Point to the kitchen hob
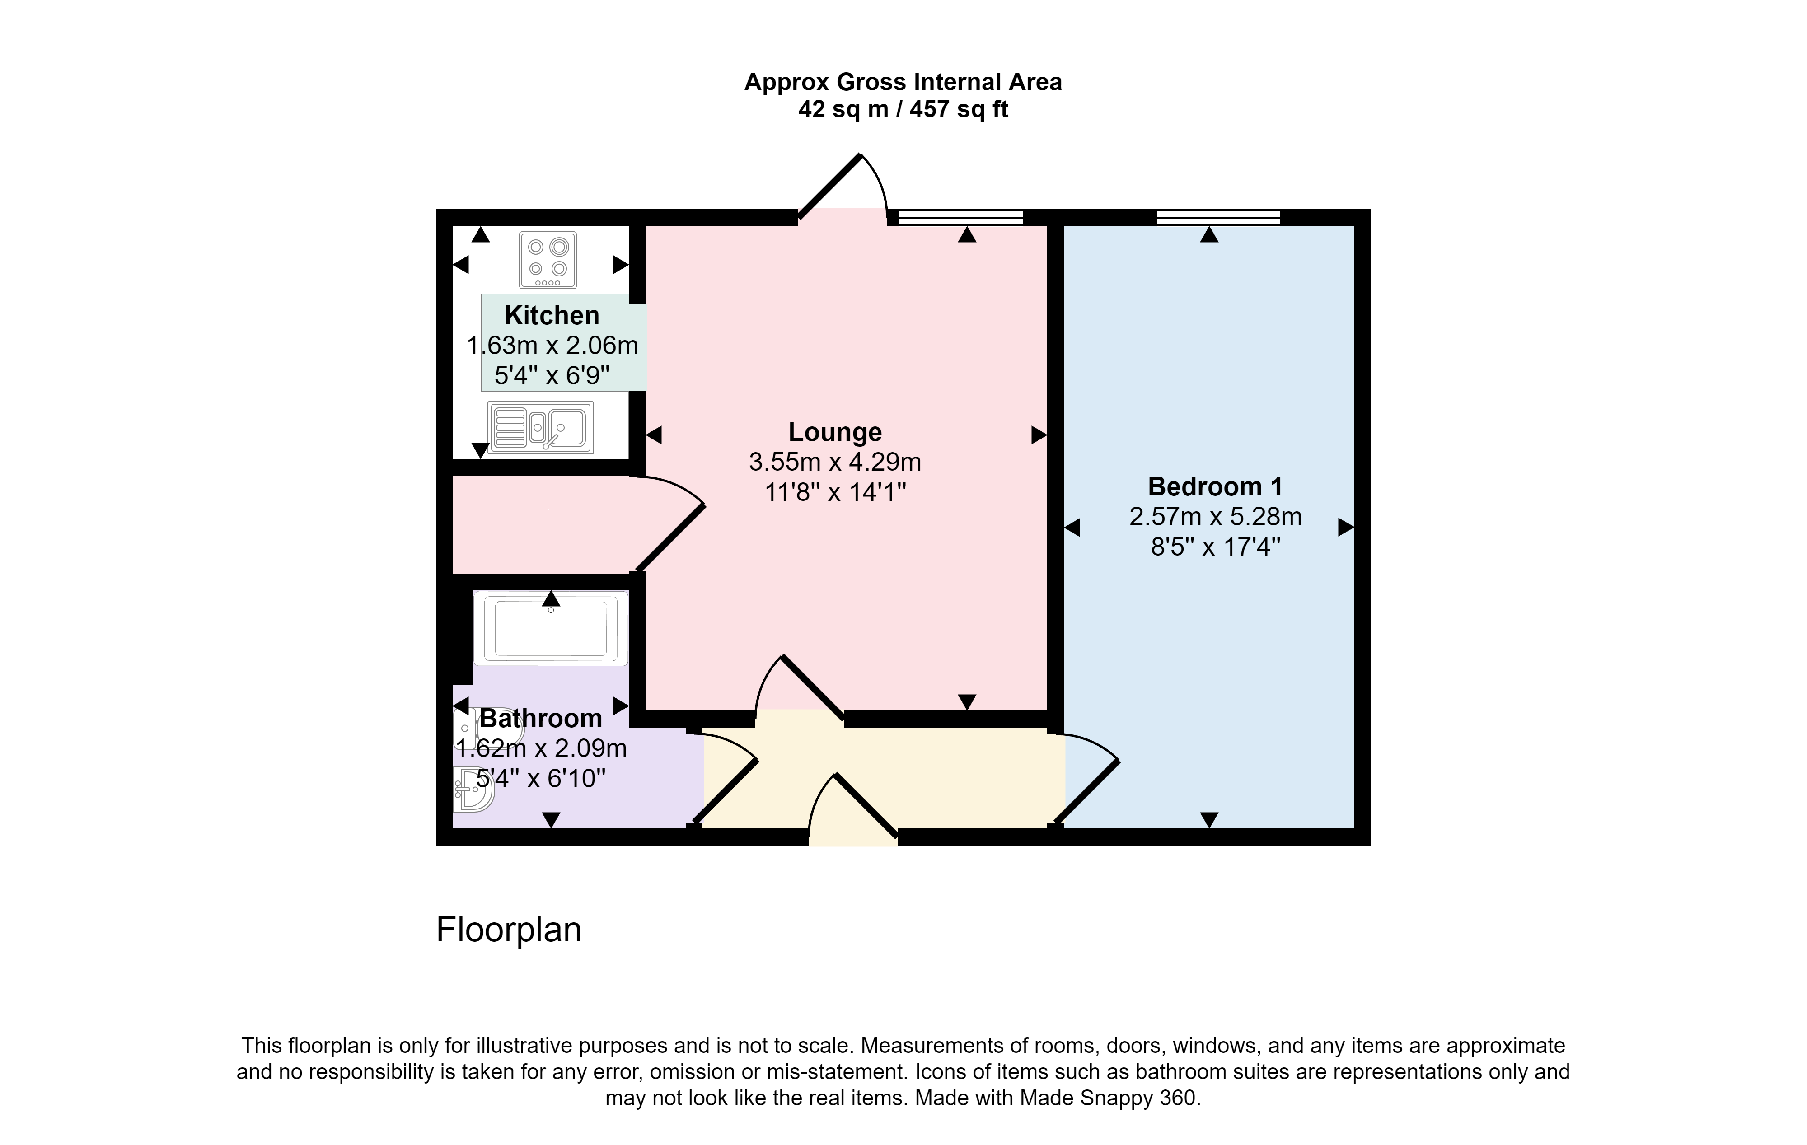548,260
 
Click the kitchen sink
540,428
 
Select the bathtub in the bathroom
551,628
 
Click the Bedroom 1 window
1219,218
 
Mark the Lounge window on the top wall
961,218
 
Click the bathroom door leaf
726,792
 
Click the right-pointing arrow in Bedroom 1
1346,528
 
